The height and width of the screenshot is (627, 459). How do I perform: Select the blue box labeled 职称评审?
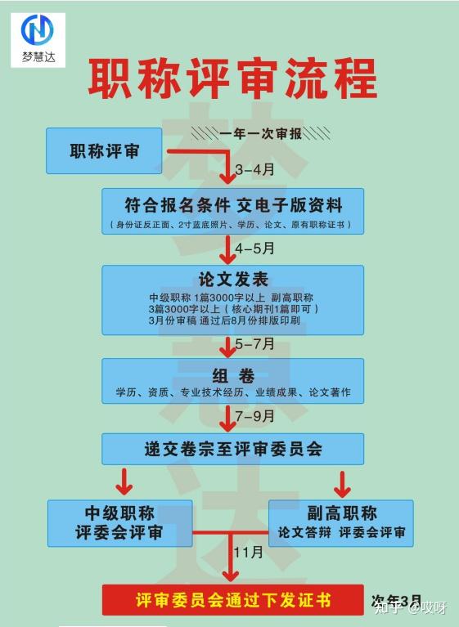(x=102, y=150)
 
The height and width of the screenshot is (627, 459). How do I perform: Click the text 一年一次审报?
(x=261, y=132)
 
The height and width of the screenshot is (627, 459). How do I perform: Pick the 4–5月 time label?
(x=254, y=248)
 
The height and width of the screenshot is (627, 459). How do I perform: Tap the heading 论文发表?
(x=233, y=279)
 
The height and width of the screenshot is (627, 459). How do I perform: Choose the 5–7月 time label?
(x=254, y=345)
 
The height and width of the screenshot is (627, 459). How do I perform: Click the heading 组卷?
(x=233, y=376)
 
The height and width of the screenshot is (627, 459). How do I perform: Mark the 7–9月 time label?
(x=254, y=416)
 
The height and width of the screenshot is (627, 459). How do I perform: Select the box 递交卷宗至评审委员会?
(x=233, y=448)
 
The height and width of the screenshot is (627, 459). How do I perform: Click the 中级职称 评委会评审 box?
(x=119, y=523)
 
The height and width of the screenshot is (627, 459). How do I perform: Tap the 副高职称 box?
(x=341, y=523)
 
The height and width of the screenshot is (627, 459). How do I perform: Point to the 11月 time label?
(x=249, y=553)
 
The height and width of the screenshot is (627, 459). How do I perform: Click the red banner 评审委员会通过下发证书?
(x=232, y=600)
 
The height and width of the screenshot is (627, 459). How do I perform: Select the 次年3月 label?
(x=396, y=599)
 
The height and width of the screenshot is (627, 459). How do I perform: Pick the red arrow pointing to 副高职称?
(x=342, y=481)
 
